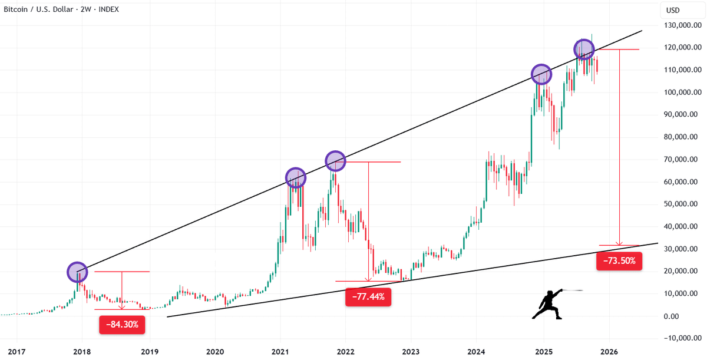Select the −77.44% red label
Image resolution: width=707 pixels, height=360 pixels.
pyautogui.click(x=368, y=297)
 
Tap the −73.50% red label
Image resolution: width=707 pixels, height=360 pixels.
pyautogui.click(x=619, y=260)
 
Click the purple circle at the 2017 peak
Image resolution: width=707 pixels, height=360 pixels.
pyautogui.click(x=77, y=272)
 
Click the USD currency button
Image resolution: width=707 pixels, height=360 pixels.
pyautogui.click(x=673, y=10)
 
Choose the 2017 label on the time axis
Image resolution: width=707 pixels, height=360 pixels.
pyautogui.click(x=16, y=351)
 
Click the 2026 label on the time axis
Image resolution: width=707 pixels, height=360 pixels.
pyautogui.click(x=609, y=351)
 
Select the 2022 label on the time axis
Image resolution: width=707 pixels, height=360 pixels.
pyautogui.click(x=345, y=351)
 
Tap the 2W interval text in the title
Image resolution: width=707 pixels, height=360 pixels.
pyautogui.click(x=88, y=9)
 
